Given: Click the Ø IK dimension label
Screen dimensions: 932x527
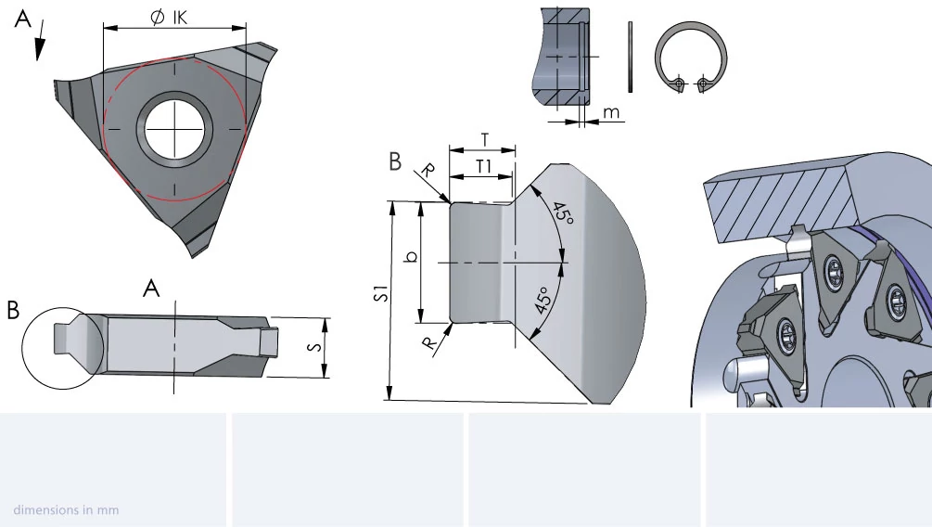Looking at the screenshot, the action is pos(169,17).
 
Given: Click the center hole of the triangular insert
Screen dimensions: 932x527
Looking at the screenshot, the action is pos(174,128).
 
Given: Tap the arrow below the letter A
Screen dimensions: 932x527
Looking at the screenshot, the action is pos(41,41).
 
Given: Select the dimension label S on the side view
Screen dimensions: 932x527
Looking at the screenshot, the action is pos(315,347).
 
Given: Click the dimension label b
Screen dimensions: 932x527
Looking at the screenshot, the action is pos(411,257).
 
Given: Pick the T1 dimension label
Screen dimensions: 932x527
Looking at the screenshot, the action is pos(484,167).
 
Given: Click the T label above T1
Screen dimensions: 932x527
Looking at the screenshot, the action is pos(485,140).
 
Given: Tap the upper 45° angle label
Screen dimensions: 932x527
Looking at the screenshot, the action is pos(563,213).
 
